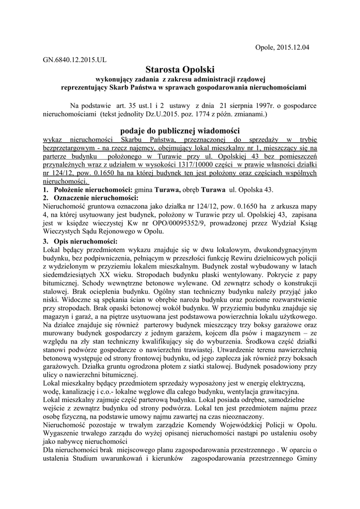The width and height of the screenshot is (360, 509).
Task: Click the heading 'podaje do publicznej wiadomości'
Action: coord(180,130)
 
